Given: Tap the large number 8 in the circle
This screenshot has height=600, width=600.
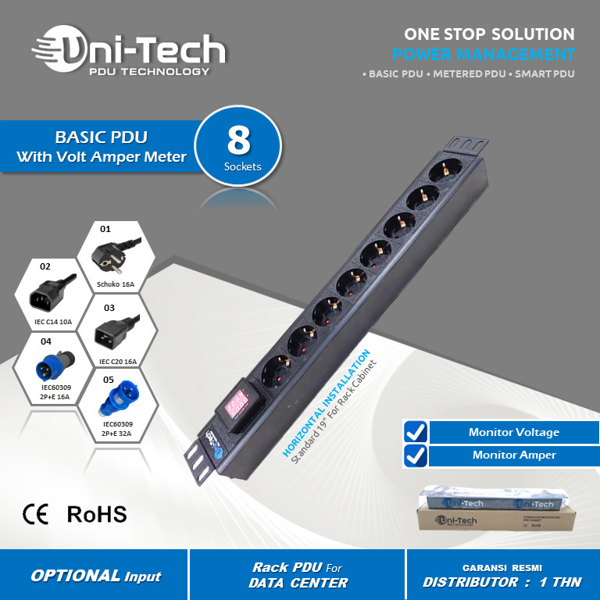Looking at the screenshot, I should [x=238, y=140].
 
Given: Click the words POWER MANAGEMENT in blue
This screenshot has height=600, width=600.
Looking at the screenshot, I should [x=483, y=55].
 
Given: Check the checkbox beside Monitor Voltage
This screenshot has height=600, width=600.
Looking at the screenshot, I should [x=416, y=431].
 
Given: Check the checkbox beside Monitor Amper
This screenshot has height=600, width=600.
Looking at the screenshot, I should [x=416, y=455].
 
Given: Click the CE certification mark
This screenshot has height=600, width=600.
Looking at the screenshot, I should [x=36, y=513].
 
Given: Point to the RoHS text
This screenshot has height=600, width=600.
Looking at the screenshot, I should [x=96, y=513].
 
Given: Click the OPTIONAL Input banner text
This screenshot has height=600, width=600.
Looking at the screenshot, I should [x=95, y=576].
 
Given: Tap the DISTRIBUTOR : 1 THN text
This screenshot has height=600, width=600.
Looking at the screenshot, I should [x=502, y=582].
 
